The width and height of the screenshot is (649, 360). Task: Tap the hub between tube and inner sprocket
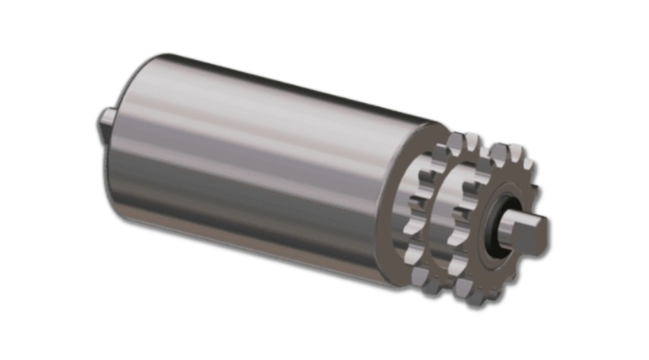coord(421,203)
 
